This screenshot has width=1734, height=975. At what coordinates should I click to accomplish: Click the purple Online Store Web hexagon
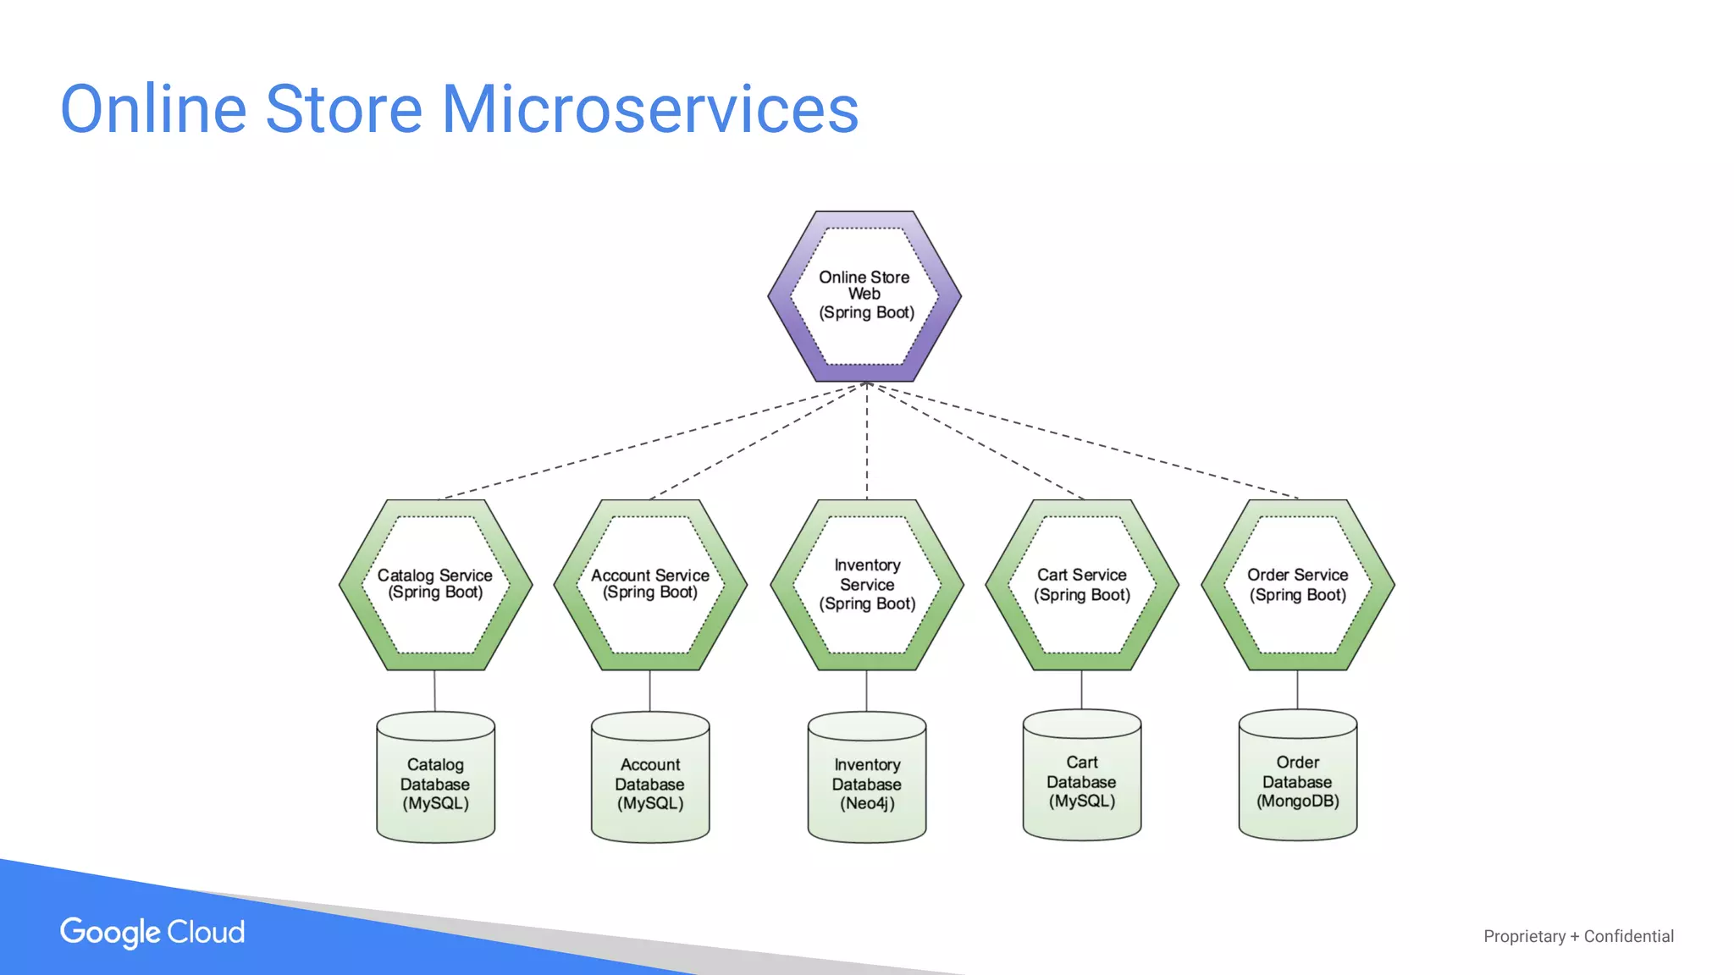[864, 295]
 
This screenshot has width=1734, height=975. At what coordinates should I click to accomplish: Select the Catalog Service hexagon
[435, 584]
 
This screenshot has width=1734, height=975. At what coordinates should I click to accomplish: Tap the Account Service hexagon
[650, 584]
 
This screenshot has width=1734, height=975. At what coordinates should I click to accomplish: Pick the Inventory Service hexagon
[867, 584]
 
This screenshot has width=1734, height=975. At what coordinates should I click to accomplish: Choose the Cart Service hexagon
[1082, 584]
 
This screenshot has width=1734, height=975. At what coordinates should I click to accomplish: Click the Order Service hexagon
[1298, 584]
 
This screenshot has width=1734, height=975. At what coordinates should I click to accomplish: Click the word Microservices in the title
[650, 110]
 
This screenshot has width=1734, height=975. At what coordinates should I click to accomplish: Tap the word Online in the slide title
[153, 110]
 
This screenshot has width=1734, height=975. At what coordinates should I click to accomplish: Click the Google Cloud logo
[152, 932]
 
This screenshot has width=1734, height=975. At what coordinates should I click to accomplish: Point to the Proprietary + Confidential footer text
[1578, 936]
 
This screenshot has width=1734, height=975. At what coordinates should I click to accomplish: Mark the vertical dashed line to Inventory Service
[866, 440]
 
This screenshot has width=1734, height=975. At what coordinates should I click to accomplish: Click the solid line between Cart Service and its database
[1081, 690]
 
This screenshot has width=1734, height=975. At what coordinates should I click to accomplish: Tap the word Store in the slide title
[344, 110]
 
